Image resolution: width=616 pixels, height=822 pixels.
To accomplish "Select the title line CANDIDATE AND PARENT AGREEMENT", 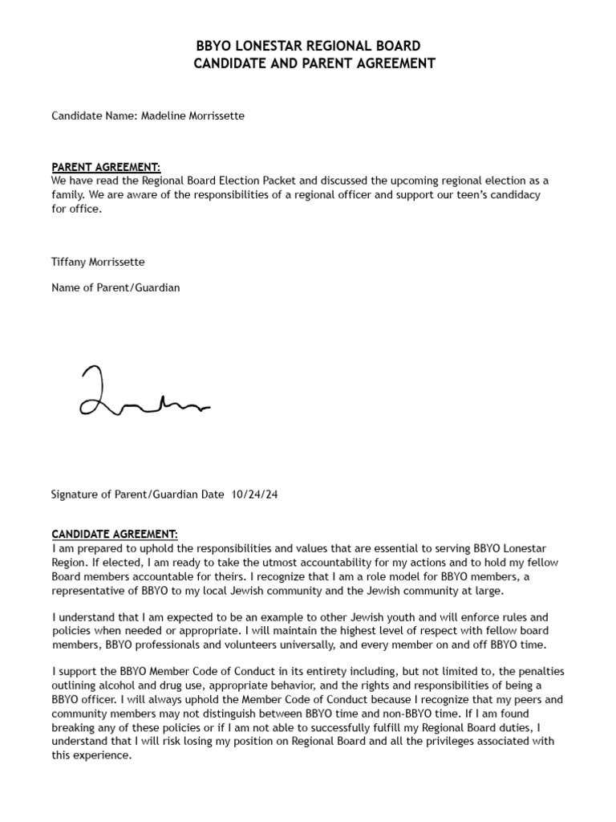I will click(314, 63).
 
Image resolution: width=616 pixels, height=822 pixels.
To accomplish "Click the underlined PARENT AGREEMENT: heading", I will click(106, 167).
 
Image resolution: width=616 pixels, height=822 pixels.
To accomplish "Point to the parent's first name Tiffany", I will click(70, 262).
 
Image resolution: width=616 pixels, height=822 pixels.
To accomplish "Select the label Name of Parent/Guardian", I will click(115, 287).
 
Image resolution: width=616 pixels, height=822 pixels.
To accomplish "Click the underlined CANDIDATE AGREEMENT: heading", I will click(115, 534).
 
